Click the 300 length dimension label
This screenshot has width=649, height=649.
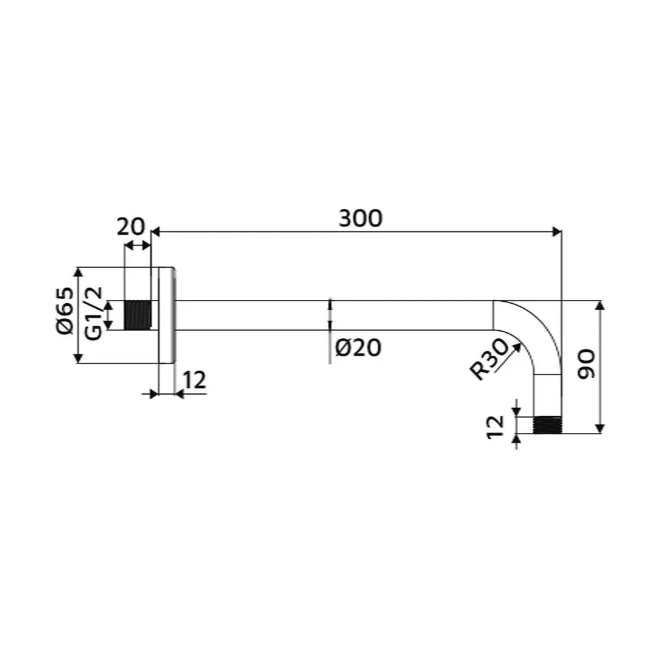point(360,218)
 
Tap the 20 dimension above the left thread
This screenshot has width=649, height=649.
point(131,227)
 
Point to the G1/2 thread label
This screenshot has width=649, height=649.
point(93,313)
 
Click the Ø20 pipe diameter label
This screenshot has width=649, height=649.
point(358,348)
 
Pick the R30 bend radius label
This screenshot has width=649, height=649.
point(489,358)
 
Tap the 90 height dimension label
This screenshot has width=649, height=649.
point(587,365)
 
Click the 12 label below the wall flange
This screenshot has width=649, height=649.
point(194,380)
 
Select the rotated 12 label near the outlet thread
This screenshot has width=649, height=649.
point(495,426)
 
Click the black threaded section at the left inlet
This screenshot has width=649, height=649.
point(138,315)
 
